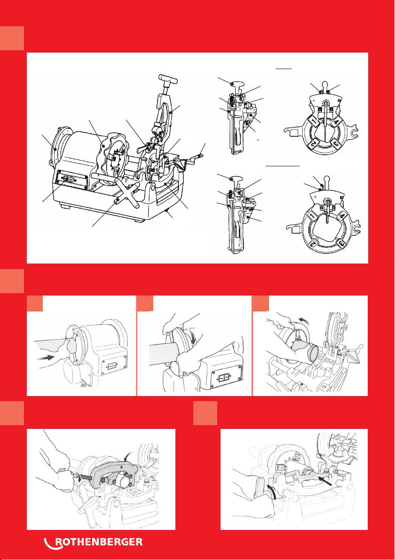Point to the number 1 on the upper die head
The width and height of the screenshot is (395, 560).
pos(314,121)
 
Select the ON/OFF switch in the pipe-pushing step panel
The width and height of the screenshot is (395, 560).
pos(112,366)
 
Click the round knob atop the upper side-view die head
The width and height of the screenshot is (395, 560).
pos(233,84)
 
